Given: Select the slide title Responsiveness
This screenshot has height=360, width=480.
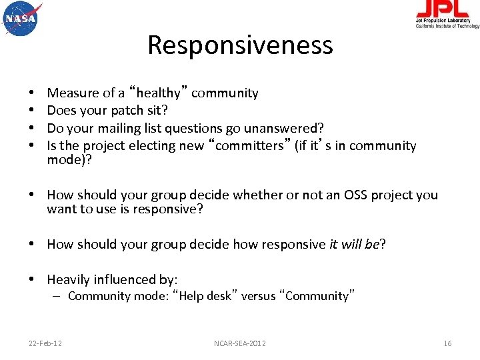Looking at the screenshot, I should point(240,45).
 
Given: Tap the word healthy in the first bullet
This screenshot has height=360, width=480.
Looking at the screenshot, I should point(158,93).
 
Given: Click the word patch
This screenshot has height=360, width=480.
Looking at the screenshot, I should point(127,111).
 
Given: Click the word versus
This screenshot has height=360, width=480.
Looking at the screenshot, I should point(258,296).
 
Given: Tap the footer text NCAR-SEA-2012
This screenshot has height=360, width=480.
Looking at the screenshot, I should point(240,343).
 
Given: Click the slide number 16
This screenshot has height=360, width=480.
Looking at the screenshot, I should point(447,343).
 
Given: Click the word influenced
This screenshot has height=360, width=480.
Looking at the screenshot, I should point(125,280).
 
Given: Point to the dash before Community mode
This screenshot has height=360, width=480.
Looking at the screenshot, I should point(59,296).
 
